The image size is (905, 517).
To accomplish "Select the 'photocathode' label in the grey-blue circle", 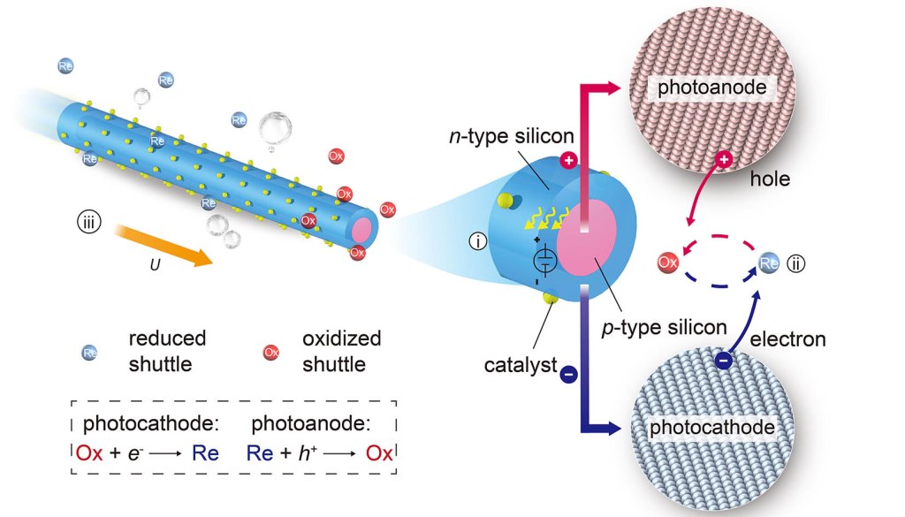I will pyautogui.click(x=712, y=429).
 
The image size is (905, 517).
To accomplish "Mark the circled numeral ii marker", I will pyautogui.click(x=795, y=262).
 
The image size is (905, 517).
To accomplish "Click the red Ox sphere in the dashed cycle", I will pyautogui.click(x=668, y=262).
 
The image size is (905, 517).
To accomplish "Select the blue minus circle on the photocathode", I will pyautogui.click(x=723, y=360).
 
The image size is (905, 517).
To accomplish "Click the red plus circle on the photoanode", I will pyautogui.click(x=724, y=159).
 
